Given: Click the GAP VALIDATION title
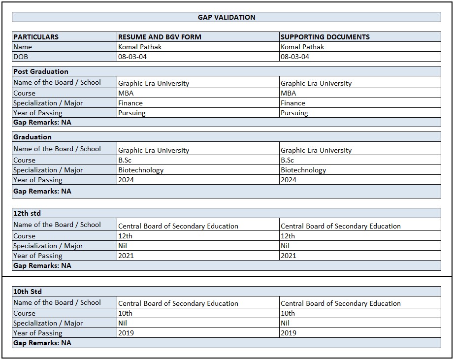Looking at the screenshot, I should click(x=227, y=17).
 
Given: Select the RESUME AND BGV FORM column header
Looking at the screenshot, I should click(x=160, y=37).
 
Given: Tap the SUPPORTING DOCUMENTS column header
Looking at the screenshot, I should click(x=324, y=37).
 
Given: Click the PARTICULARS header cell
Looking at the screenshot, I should click(x=36, y=37).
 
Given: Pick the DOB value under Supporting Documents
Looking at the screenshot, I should click(x=295, y=57).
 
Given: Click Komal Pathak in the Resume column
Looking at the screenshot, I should click(x=140, y=47).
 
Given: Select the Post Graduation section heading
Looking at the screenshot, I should click(x=41, y=71).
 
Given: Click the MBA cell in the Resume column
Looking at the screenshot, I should click(x=126, y=93).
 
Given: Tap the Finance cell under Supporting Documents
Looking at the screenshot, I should click(x=292, y=103).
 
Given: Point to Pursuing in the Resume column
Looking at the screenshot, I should click(x=131, y=113).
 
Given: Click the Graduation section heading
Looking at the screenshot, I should click(x=32, y=137).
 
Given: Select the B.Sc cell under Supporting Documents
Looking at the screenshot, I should click(x=287, y=160).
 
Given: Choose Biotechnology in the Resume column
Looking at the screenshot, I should click(x=141, y=170).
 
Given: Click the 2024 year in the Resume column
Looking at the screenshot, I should click(x=126, y=180).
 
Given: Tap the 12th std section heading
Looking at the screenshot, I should click(x=27, y=213).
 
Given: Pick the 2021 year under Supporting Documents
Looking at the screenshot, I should click(x=289, y=256).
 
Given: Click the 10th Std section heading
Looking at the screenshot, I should click(x=28, y=292).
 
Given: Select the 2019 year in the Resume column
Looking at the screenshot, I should click(x=126, y=333).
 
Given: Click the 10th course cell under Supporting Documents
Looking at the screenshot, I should click(x=288, y=313).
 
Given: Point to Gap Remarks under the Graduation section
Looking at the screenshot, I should click(x=42, y=191).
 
